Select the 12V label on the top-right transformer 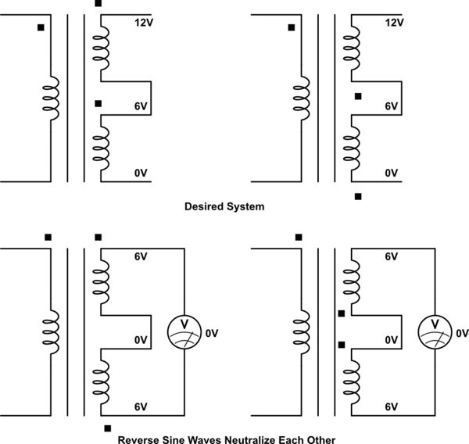coord(395,23)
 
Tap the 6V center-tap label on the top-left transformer coord(141,106)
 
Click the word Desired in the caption coord(203,207)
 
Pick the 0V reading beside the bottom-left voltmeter coord(213,334)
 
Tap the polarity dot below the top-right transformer coord(358,196)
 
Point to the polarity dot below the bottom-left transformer coord(107,428)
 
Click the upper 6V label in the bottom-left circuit coord(141,256)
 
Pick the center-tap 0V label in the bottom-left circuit coord(141,340)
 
